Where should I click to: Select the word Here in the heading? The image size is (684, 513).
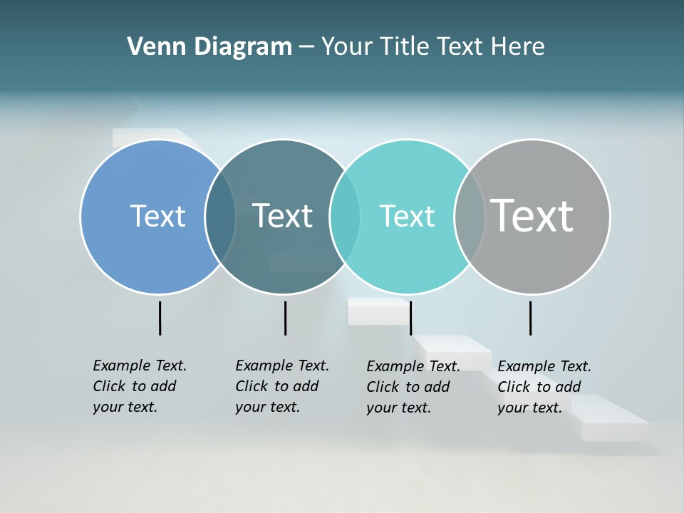(x=518, y=47)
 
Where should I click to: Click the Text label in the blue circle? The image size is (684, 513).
(x=157, y=216)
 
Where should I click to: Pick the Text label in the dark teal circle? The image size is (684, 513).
(x=283, y=216)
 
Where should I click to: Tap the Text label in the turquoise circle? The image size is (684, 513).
(x=407, y=216)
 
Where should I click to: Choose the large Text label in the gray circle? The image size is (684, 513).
(x=532, y=215)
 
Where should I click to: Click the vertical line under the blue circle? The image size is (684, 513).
(x=160, y=318)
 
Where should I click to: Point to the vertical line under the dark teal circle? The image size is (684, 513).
(x=285, y=318)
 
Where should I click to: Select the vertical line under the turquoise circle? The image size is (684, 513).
(x=410, y=318)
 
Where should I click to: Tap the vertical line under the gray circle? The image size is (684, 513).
(x=530, y=318)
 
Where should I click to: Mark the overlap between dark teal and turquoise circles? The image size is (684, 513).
(x=345, y=217)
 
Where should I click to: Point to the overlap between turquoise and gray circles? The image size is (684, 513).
(x=470, y=217)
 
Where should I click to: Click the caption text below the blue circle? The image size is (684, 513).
(x=140, y=386)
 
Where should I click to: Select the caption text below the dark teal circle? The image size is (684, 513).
(x=282, y=386)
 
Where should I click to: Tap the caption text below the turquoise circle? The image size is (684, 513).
(x=413, y=387)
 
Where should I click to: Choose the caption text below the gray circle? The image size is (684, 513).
(x=544, y=387)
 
